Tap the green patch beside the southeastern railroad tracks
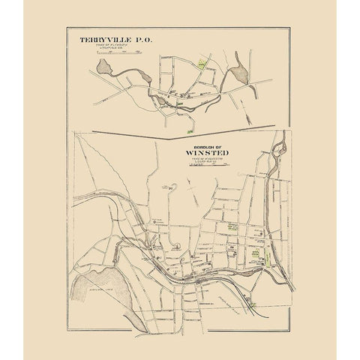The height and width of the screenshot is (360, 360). pyautogui.click(x=256, y=304)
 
